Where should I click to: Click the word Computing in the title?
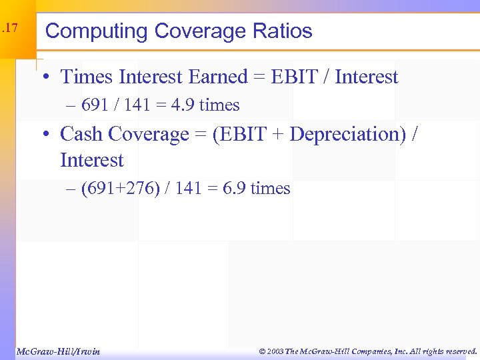click(96, 31)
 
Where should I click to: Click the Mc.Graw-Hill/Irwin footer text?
click(57, 351)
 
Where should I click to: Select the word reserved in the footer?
click(459, 351)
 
